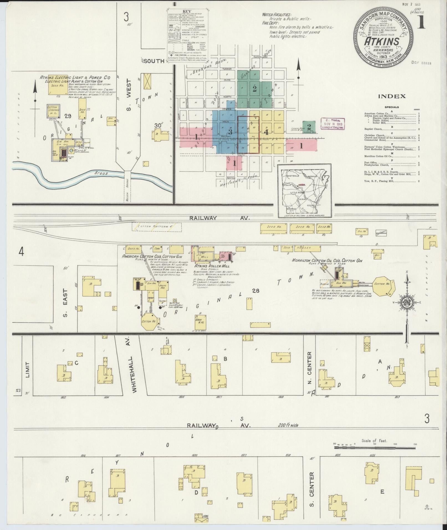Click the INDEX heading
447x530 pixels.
tap(392, 96)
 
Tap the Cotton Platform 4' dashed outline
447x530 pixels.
tap(156, 227)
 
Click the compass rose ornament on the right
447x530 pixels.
tap(407, 303)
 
